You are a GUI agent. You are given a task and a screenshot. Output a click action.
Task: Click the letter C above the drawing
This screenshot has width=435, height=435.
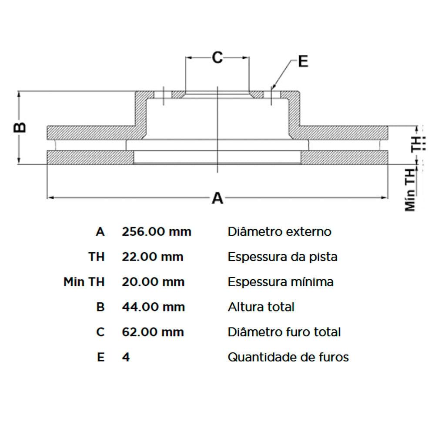217,58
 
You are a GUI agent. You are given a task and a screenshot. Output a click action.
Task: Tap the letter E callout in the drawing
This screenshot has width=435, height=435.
303,61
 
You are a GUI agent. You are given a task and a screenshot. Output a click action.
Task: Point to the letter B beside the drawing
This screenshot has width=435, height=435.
20,127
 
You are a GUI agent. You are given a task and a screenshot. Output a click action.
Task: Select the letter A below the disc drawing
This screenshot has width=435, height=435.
217,198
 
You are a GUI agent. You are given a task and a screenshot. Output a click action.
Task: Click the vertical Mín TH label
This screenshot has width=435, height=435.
410,190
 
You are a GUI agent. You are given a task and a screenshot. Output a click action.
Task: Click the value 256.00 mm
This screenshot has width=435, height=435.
157,232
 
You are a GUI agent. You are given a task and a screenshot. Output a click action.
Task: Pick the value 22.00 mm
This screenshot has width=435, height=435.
153,257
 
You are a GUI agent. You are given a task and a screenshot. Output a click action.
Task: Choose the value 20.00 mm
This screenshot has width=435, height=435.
153,282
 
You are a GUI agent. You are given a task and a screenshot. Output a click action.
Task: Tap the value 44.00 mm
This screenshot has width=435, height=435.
154,307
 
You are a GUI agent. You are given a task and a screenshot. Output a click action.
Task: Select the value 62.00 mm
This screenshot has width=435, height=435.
153,332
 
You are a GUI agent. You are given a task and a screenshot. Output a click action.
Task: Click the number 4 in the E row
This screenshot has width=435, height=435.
126,357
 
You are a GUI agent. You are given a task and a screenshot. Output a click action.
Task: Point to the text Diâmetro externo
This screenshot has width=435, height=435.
279,232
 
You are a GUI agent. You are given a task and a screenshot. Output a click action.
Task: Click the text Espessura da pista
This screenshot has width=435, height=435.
282,257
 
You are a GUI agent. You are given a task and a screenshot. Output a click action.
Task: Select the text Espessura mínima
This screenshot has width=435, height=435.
281,282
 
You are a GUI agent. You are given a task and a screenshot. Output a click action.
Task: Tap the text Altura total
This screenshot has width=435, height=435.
261,307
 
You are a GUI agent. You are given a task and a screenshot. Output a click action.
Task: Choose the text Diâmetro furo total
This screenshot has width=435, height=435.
284,332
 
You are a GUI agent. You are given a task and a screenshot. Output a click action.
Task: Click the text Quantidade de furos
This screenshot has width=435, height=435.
288,357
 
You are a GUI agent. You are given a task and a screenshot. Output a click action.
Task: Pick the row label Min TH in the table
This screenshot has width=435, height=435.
84,282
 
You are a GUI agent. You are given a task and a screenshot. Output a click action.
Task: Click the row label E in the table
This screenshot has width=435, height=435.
101,357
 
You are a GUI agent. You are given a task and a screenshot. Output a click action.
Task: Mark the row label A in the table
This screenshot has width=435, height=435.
100,232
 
